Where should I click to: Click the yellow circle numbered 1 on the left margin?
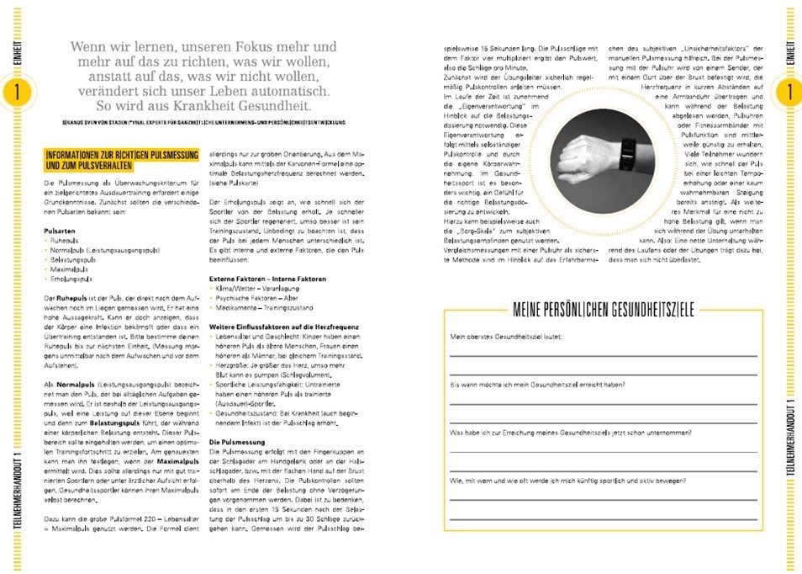pos(14,93)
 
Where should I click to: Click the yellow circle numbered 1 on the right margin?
pos(788,93)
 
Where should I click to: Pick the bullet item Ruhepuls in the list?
pos(65,240)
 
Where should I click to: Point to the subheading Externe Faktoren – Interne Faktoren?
pos(267,278)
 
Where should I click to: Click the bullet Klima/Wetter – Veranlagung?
pos(256,289)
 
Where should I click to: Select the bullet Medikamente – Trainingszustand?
pos(268,308)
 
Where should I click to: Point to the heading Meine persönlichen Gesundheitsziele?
pos(603,311)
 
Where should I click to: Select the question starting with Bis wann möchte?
pos(540,385)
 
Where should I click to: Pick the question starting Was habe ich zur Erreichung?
pos(571,433)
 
